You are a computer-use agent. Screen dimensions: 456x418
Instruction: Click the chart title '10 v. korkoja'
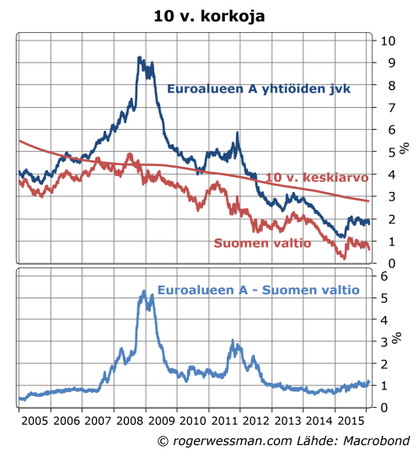[208, 15]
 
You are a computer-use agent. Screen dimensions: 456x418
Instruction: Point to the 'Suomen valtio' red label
[262, 243]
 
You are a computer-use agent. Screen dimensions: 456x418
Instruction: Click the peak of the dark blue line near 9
[139, 58]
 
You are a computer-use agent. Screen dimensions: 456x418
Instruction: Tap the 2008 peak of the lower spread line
[140, 291]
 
